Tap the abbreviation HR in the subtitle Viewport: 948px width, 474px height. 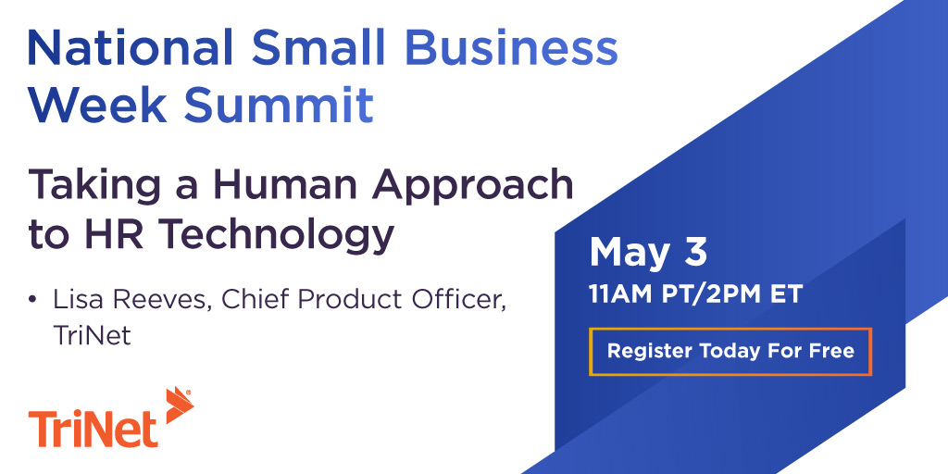[x=116, y=234]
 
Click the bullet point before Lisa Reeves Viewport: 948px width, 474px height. [x=33, y=301]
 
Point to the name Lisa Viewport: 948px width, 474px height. [x=76, y=301]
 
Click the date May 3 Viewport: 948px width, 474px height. [x=648, y=252]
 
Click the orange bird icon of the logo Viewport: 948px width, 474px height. [x=177, y=406]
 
